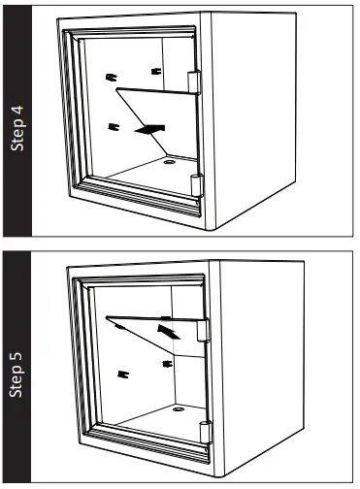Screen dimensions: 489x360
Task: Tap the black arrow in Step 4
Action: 150,128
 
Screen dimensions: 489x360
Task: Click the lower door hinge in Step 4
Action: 199,183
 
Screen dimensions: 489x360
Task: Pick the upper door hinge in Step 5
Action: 203,331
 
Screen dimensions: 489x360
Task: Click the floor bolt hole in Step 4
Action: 169,166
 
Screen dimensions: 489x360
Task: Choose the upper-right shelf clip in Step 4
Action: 154,69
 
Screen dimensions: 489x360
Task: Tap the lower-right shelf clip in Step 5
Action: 168,364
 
